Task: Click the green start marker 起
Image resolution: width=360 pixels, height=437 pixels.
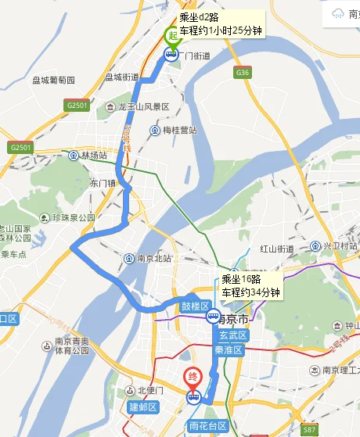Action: [171, 35]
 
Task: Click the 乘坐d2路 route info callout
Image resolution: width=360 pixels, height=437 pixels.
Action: [220, 23]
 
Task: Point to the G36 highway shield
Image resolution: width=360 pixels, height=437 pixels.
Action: [243, 73]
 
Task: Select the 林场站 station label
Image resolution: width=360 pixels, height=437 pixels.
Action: [92, 156]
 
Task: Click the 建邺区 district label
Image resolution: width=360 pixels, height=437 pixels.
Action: [144, 407]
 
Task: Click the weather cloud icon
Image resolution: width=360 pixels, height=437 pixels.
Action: [338, 13]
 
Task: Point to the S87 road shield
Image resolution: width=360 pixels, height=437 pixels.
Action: [309, 430]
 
